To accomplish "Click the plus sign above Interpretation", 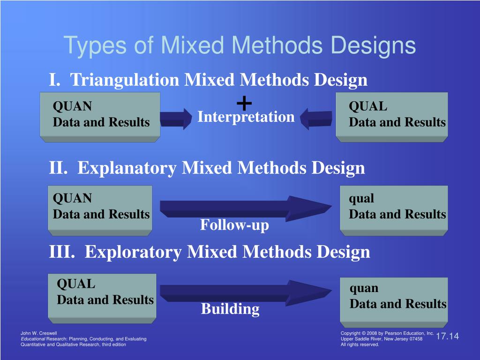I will click(x=244, y=102).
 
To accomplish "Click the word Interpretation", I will click(x=246, y=117).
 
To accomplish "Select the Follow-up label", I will click(x=234, y=225).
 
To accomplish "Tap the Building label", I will click(x=230, y=309).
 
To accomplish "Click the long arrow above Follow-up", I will click(x=244, y=207).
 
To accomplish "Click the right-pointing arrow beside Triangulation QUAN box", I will click(x=176, y=119).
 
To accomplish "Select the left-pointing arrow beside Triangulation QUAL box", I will click(x=316, y=119).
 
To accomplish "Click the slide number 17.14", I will click(x=447, y=337).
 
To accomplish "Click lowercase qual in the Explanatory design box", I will click(x=361, y=199).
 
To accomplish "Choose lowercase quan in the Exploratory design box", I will click(x=364, y=288).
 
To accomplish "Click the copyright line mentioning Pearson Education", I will click(x=387, y=333).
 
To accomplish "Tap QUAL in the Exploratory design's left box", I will click(x=76, y=284).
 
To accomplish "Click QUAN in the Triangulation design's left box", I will click(x=72, y=106).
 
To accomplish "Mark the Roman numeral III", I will click(x=61, y=252).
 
